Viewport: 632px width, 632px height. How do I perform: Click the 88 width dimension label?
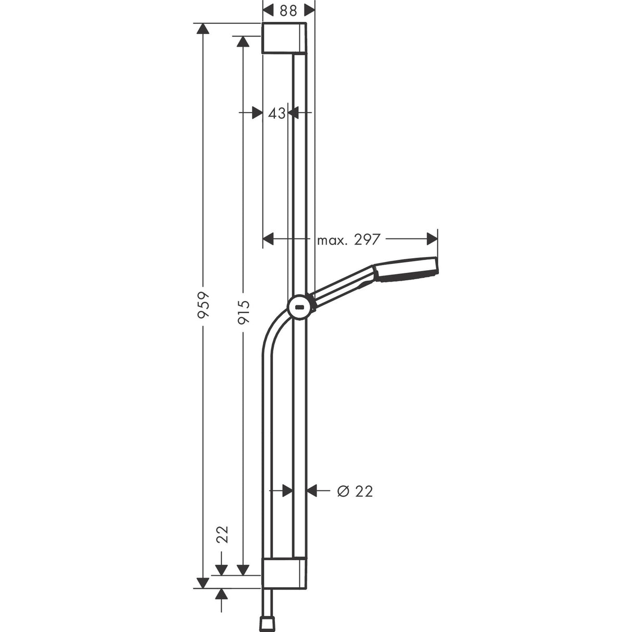click(x=288, y=10)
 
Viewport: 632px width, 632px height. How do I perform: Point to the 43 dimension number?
click(x=276, y=112)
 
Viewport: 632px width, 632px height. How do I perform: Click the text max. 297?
click(x=349, y=239)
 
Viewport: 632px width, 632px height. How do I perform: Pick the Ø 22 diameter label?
click(x=355, y=491)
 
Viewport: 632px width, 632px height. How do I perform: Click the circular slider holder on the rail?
click(x=300, y=307)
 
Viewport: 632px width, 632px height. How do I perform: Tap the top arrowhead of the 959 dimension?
click(x=203, y=29)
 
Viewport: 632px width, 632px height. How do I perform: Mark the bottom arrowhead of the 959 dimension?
click(x=203, y=583)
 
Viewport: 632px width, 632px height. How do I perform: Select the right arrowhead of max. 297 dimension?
click(x=432, y=239)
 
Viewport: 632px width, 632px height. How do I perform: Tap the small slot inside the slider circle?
click(x=300, y=307)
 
